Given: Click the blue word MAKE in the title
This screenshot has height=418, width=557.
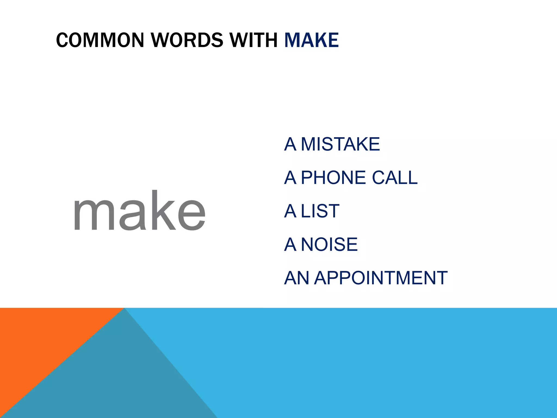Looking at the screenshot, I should coord(311,40).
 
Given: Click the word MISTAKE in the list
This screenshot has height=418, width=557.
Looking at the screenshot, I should coord(340,144).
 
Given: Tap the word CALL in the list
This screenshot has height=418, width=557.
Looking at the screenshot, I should coord(394,178).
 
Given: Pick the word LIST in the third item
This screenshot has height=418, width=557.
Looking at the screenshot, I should coord(320,211).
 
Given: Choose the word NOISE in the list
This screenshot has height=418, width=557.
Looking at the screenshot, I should coord(329,244).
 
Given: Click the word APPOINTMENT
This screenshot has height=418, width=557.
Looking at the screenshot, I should coord(381,278).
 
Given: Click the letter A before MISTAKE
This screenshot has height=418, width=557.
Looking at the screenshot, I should coord(290,144).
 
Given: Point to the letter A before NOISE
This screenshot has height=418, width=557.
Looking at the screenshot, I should coord(290,244).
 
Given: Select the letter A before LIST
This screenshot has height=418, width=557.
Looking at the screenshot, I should coord(290,211).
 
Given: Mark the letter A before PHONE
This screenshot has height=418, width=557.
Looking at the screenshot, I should coord(290,178).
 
